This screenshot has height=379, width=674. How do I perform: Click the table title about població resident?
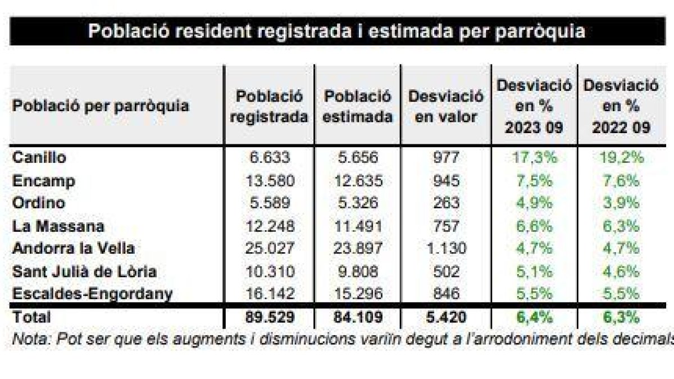(336, 31)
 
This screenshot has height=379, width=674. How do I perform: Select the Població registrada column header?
(270, 107)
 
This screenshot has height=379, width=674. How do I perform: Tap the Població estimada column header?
(358, 107)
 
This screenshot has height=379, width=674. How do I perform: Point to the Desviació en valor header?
(446, 107)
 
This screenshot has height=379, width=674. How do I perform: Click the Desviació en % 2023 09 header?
(534, 107)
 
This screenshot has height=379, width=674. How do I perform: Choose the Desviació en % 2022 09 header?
(621, 107)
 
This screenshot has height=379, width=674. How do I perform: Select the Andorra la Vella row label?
(73, 248)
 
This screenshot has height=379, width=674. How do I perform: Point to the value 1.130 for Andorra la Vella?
(446, 248)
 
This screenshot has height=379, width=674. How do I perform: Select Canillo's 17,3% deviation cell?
(534, 158)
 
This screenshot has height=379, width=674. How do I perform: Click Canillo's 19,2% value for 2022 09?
(621, 158)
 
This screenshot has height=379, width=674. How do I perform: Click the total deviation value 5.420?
(446, 317)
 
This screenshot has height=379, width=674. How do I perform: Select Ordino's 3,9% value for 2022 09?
(621, 203)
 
